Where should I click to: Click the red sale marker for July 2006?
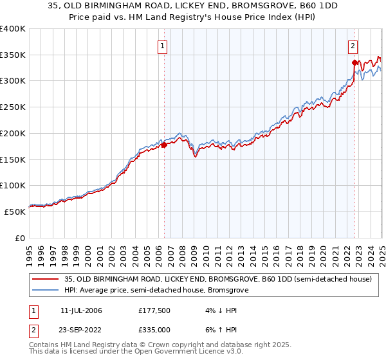click(163, 145)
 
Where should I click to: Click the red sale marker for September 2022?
click(354, 62)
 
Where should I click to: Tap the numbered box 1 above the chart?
click(163, 46)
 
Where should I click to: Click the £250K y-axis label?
click(13, 107)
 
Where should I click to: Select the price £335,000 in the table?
click(154, 332)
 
